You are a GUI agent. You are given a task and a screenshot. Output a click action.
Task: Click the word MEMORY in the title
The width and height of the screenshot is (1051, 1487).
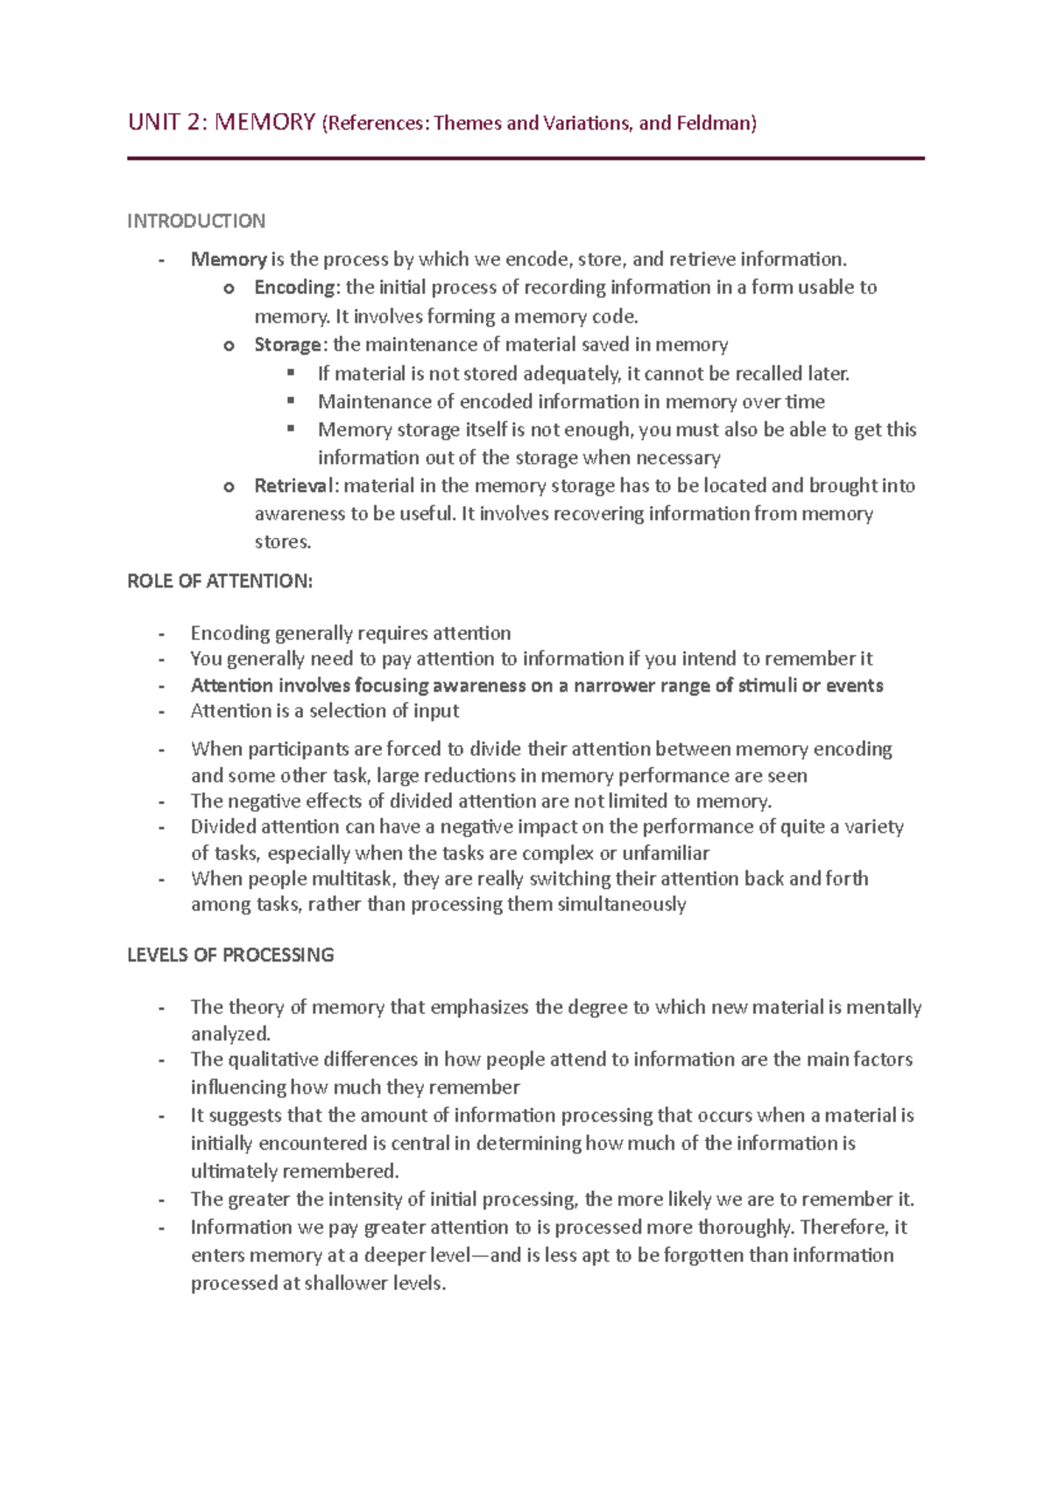tap(265, 122)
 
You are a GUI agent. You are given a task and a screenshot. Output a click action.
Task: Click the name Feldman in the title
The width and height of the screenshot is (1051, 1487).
tap(713, 123)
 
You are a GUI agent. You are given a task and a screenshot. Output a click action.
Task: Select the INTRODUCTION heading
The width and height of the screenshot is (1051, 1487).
tap(196, 221)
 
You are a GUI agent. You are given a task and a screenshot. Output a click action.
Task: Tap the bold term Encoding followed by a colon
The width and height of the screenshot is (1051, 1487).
tap(294, 287)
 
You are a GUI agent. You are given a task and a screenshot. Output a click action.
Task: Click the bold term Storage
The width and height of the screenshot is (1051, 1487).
tap(287, 344)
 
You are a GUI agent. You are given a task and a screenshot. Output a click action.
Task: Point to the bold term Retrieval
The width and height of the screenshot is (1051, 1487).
tap(293, 485)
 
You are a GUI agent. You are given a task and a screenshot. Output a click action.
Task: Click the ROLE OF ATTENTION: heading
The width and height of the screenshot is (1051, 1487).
tap(220, 581)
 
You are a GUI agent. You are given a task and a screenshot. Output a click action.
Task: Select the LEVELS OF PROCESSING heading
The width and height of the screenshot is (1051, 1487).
tap(230, 955)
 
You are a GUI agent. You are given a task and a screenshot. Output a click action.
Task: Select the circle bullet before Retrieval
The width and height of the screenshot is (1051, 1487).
tap(229, 486)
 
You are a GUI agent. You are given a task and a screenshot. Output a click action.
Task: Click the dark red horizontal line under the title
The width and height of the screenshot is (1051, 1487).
tap(525, 159)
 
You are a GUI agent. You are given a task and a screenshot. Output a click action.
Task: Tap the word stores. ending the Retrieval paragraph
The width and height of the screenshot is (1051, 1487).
tap(283, 541)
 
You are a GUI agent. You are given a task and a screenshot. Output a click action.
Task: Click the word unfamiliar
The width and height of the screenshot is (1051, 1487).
tap(666, 852)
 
